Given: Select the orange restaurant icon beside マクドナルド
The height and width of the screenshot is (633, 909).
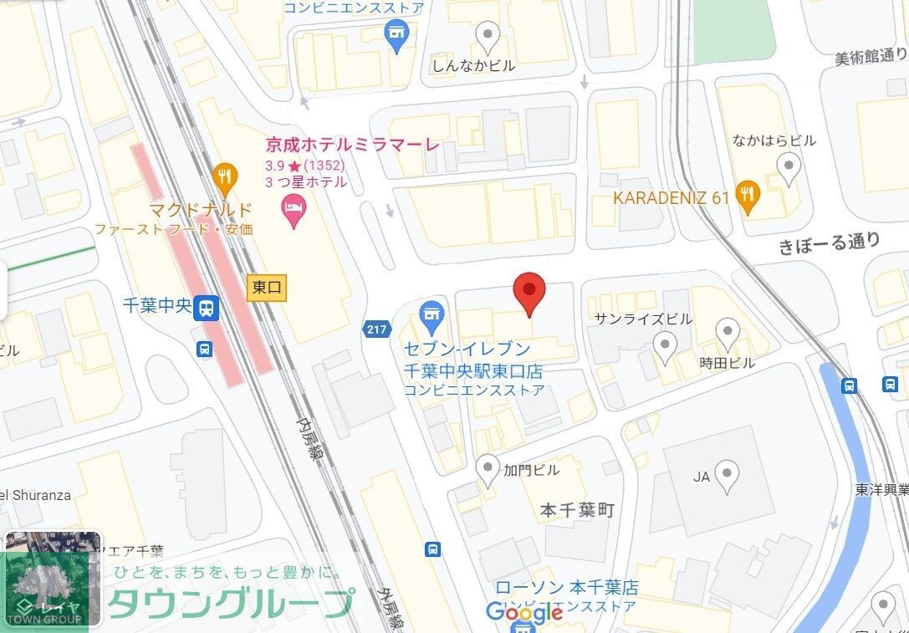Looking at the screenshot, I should tap(223, 176).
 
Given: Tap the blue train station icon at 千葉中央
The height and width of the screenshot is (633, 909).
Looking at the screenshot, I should tap(206, 309).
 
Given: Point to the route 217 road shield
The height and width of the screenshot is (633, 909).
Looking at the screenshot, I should tap(377, 329).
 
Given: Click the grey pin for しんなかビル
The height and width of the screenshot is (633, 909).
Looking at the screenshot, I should tap(487, 35).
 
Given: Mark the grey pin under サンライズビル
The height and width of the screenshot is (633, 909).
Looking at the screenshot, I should tap(665, 345).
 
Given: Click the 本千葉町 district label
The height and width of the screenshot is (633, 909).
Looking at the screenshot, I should tap(577, 510).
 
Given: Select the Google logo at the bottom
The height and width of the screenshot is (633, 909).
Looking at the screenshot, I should tap(524, 613).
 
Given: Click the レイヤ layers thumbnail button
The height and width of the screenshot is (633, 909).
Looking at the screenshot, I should tap(52, 579).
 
